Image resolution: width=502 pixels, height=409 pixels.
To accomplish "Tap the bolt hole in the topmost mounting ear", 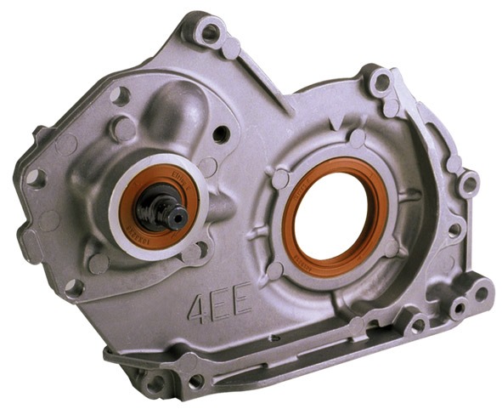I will [x=209, y=35].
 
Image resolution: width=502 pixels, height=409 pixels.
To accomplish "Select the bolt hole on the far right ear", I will [x=467, y=182].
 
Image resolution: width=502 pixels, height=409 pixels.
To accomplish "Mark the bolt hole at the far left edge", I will [x=35, y=178].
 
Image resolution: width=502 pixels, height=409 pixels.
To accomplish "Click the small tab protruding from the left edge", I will [x=40, y=134].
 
